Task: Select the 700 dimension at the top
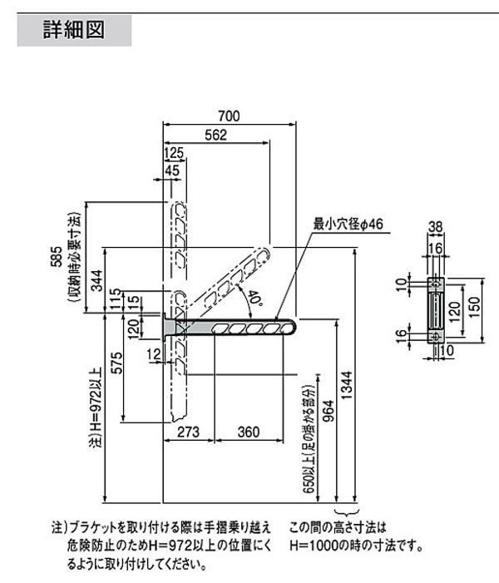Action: pos(229,116)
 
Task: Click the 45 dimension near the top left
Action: pos(171,171)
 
